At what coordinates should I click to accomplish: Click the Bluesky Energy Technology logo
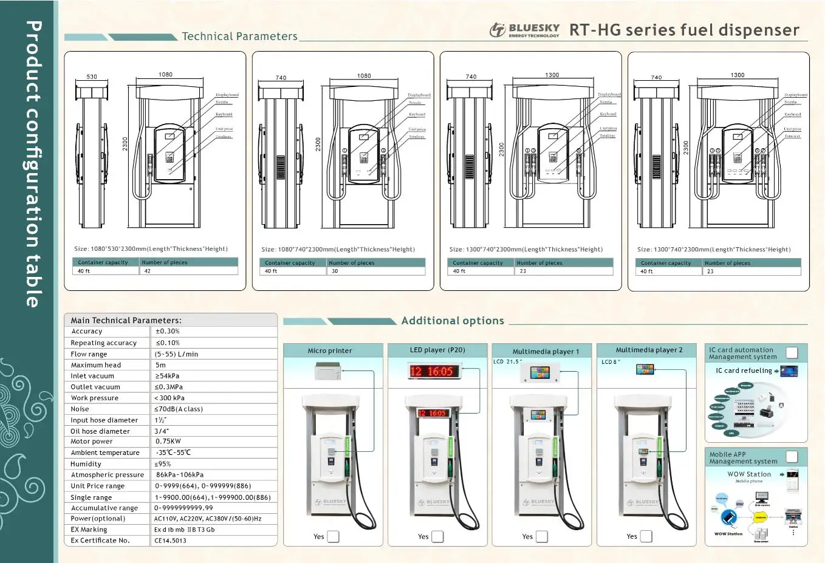(524, 30)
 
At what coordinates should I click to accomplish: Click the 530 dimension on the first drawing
(92, 77)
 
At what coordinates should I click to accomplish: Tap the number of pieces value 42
(148, 271)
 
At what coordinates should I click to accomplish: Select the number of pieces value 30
(335, 271)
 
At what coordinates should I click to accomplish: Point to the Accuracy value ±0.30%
(167, 332)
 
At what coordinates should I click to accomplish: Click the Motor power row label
(92, 442)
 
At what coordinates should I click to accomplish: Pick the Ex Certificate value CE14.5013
(170, 541)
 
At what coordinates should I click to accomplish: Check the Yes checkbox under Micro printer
(334, 536)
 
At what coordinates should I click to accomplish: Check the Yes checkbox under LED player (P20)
(437, 536)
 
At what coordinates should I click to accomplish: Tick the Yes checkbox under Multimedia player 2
(646, 536)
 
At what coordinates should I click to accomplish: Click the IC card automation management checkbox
(792, 353)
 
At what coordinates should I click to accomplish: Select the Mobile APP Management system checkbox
(792, 457)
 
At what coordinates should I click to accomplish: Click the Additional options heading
(453, 321)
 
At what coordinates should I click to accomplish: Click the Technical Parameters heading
(239, 36)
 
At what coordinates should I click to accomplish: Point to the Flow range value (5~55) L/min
(176, 354)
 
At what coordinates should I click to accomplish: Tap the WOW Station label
(749, 474)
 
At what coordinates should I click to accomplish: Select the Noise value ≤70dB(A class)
(179, 409)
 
